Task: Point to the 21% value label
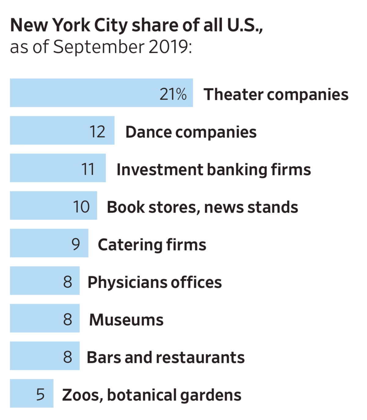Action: click(173, 94)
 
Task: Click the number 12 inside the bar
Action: click(97, 132)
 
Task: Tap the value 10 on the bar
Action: click(81, 207)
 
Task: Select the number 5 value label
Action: click(40, 394)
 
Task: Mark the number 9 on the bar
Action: click(76, 244)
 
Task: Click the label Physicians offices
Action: click(154, 282)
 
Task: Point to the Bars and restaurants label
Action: click(165, 357)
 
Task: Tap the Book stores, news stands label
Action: click(202, 207)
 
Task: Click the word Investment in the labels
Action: click(160, 170)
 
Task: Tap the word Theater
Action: click(233, 94)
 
